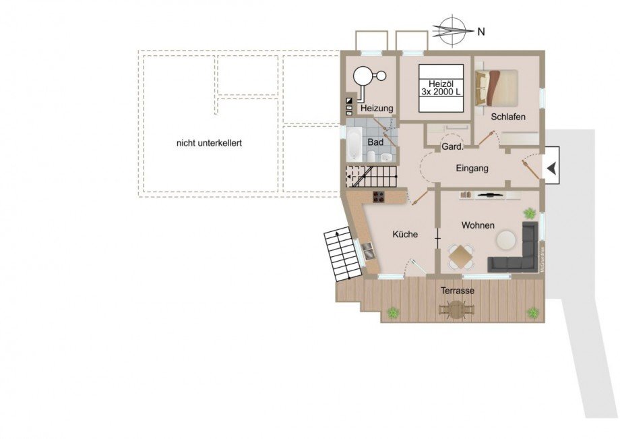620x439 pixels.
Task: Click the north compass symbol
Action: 452,30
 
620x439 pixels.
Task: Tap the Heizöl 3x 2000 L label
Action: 441,87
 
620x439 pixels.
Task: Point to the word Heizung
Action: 376,109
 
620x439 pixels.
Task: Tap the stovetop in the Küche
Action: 379,198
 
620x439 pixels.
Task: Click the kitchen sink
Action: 369,254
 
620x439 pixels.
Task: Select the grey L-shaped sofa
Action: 519,253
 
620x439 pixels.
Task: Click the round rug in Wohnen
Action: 506,239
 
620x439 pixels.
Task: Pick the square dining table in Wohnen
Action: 462,257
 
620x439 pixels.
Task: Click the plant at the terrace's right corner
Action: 533,312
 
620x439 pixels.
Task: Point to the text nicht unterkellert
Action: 209,143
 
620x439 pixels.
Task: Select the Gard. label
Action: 450,146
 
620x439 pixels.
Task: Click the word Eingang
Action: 472,169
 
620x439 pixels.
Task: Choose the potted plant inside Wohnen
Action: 530,214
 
